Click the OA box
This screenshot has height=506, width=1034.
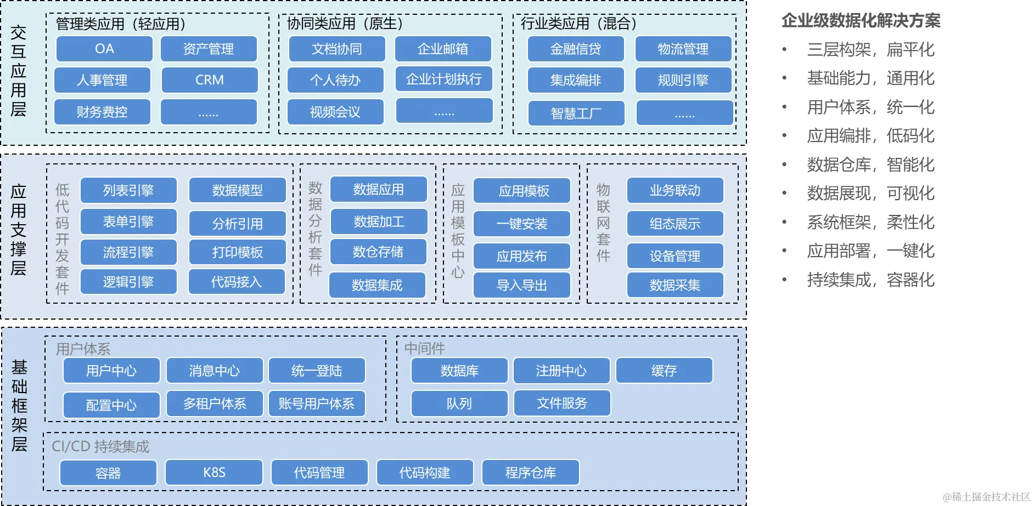(104, 49)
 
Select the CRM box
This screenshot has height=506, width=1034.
(210, 80)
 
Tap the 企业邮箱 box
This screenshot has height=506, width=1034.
(443, 49)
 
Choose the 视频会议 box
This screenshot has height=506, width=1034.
(335, 112)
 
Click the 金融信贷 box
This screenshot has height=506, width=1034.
(576, 49)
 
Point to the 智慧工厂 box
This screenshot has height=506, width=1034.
(576, 113)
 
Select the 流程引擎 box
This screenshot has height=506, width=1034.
(128, 252)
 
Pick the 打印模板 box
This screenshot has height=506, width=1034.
(238, 252)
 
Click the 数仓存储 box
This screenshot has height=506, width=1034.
(378, 252)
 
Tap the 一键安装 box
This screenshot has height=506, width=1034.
(522, 224)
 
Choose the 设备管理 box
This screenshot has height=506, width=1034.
(675, 256)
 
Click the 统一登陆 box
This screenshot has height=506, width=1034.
(317, 371)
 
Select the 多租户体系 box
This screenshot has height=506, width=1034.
(215, 404)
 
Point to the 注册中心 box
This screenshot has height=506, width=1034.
(561, 371)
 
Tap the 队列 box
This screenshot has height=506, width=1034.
(459, 404)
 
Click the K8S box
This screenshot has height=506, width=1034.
(214, 473)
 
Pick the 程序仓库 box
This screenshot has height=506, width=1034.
(531, 473)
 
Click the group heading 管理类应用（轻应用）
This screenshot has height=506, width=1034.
(121, 24)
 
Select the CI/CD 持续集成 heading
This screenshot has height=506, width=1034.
(100, 446)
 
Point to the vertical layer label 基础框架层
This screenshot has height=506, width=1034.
(19, 406)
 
